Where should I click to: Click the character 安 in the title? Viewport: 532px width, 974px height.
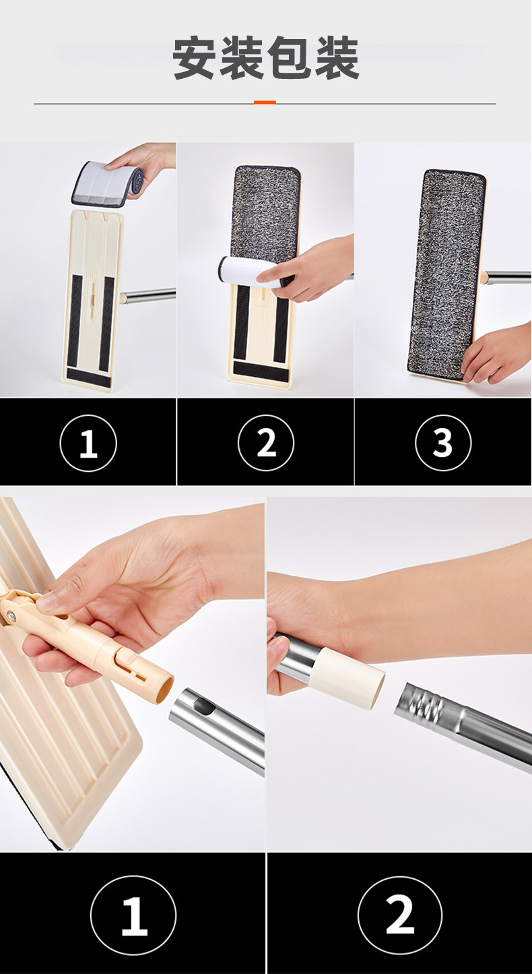tap(195, 58)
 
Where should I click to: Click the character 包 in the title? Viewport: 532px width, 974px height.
tap(290, 58)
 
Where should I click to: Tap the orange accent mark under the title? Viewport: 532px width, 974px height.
tap(265, 102)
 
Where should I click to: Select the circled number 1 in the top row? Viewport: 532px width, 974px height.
tap(88, 443)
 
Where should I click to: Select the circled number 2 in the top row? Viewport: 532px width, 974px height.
tap(266, 443)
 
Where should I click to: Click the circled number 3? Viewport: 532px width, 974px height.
tap(443, 443)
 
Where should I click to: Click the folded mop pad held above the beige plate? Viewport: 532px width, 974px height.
tap(106, 183)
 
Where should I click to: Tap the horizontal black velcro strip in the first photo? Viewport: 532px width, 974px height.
tap(89, 377)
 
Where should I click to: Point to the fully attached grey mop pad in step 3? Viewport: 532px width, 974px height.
tap(446, 275)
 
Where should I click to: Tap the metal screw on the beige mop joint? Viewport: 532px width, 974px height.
tap(9, 615)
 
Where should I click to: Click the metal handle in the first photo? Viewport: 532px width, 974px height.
tap(149, 296)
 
